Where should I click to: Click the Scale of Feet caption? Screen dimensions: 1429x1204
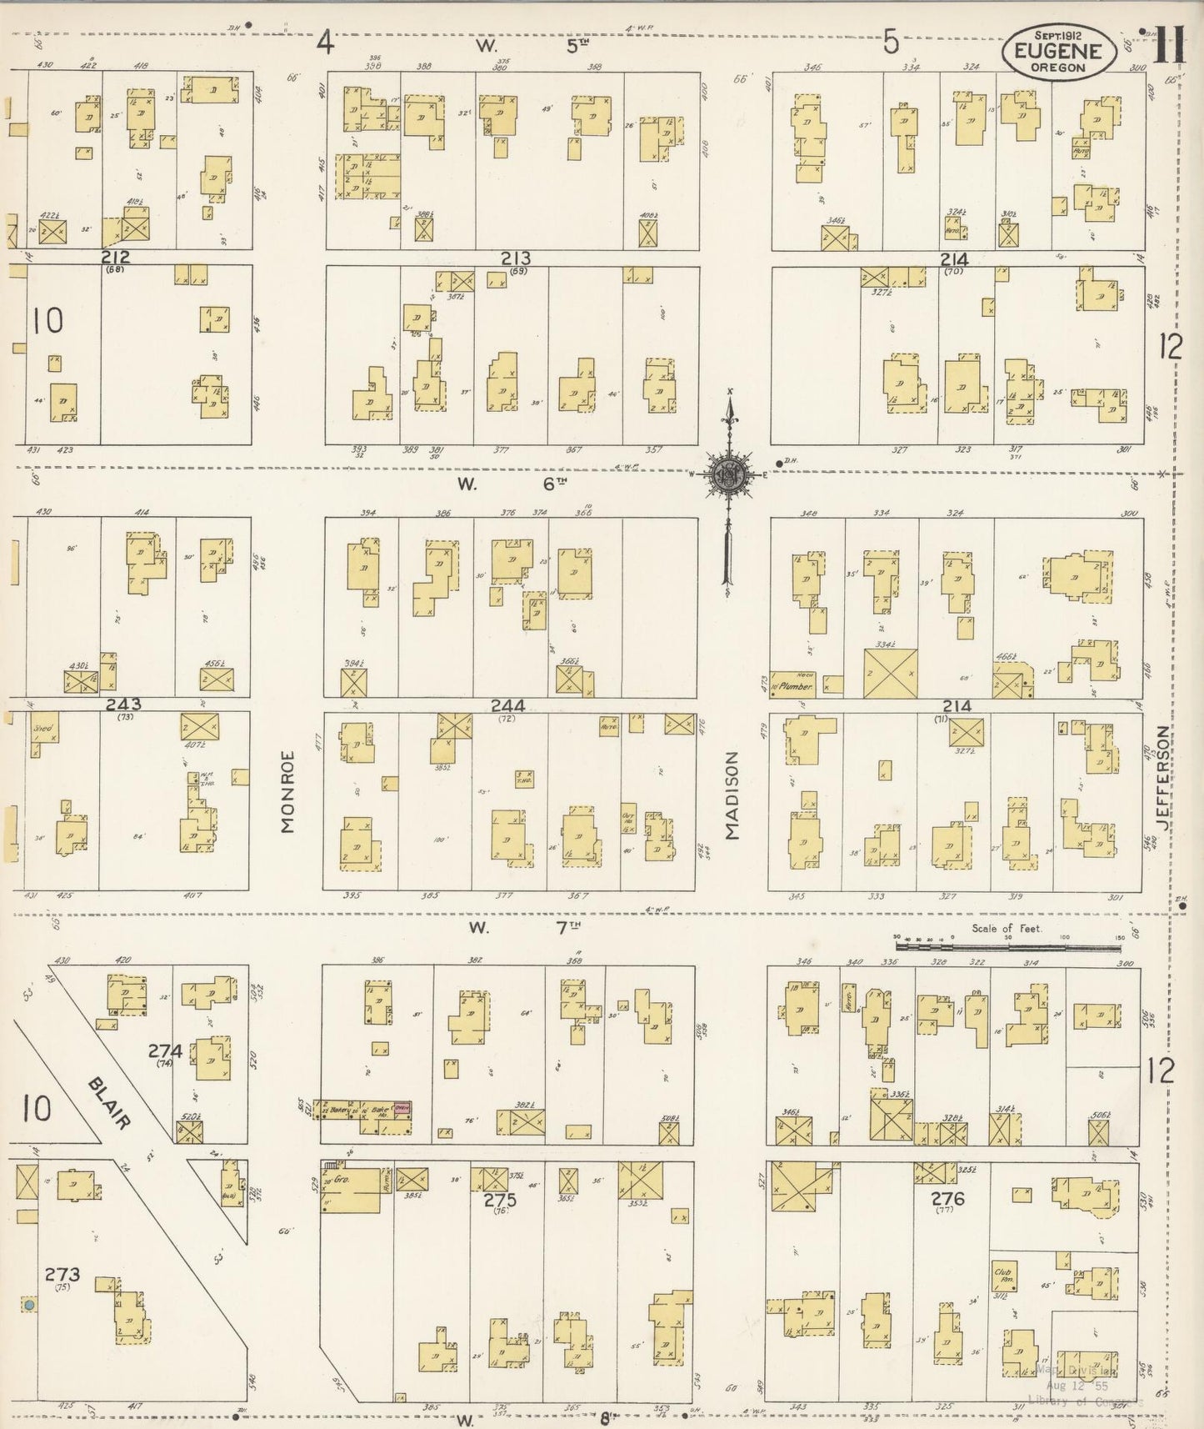pos(1007,928)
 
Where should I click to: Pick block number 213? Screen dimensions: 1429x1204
pos(516,258)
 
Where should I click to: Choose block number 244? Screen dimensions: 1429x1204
pos(507,706)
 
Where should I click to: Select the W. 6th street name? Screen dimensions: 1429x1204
pos(510,484)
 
